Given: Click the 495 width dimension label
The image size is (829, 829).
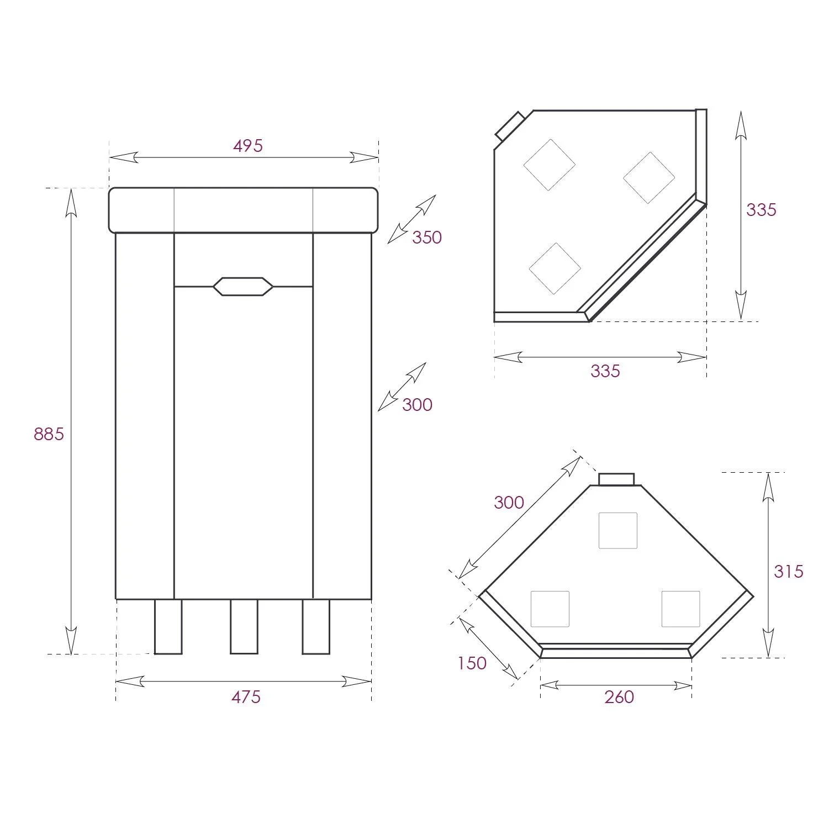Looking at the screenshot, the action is pyautogui.click(x=248, y=146).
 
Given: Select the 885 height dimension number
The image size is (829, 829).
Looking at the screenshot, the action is pyautogui.click(x=49, y=434).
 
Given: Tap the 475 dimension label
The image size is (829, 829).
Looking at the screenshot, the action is pyautogui.click(x=246, y=697).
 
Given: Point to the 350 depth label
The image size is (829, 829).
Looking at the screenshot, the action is pyautogui.click(x=427, y=237).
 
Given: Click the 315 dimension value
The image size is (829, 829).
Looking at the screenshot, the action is pyautogui.click(x=788, y=571).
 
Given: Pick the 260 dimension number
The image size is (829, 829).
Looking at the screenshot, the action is pyautogui.click(x=619, y=697).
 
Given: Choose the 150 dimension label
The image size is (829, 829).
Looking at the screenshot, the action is pyautogui.click(x=472, y=663).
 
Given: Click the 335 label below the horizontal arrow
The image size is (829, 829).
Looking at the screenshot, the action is pyautogui.click(x=605, y=371).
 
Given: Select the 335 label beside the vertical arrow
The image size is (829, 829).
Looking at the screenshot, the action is pyautogui.click(x=761, y=210).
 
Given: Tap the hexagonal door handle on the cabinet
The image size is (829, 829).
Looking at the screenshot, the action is pyautogui.click(x=243, y=286).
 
